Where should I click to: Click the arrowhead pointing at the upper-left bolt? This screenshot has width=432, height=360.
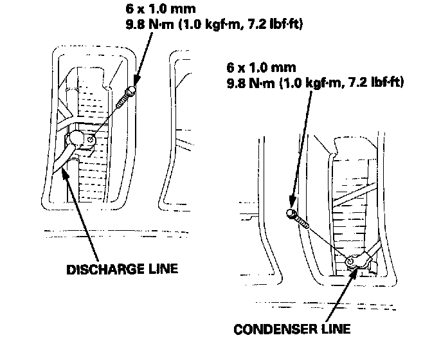point(134,87)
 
